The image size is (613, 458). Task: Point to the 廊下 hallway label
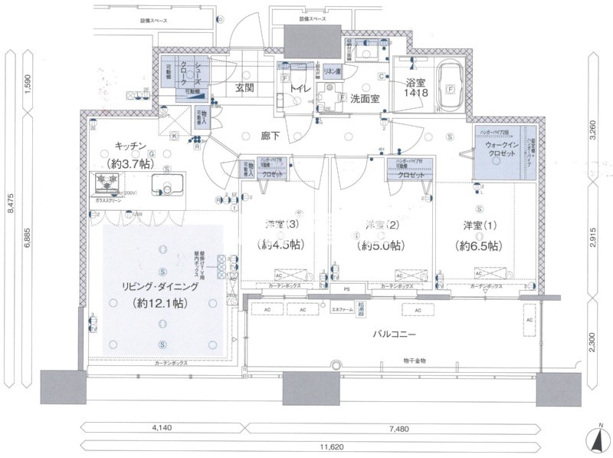tap(270, 137)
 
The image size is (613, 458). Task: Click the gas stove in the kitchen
tap(107, 182)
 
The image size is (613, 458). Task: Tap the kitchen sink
tap(165, 185)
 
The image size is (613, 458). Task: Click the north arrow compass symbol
tap(598, 440)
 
